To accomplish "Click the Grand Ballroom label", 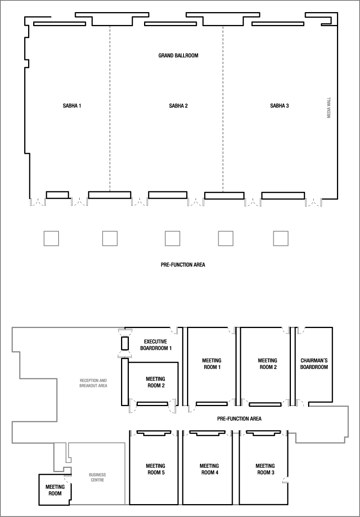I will pos(178,55).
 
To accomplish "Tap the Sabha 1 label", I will pos(72,105).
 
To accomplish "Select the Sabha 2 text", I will pos(178,105).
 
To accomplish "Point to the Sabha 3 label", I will pos(279,105).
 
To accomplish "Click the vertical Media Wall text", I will pos(329,108).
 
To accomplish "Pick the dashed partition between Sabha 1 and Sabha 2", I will pos(110,109).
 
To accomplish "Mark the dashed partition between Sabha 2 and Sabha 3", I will pos(223,109).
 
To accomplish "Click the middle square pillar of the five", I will pos(172,238).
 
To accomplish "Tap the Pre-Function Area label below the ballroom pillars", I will pos(183,265).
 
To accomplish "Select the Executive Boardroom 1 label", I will pos(156,345).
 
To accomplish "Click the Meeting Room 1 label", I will pos(212,364).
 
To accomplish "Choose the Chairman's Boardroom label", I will pos(314,364).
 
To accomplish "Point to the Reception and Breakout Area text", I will pos(93,383).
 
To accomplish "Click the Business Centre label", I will pos(98,477).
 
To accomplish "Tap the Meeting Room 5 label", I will pos(155,469).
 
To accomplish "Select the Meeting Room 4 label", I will pos(209,469).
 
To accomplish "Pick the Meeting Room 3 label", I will pos(265,469).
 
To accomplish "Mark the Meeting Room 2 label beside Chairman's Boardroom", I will pos(267,364).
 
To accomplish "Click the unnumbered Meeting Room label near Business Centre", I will pos(55,490).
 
